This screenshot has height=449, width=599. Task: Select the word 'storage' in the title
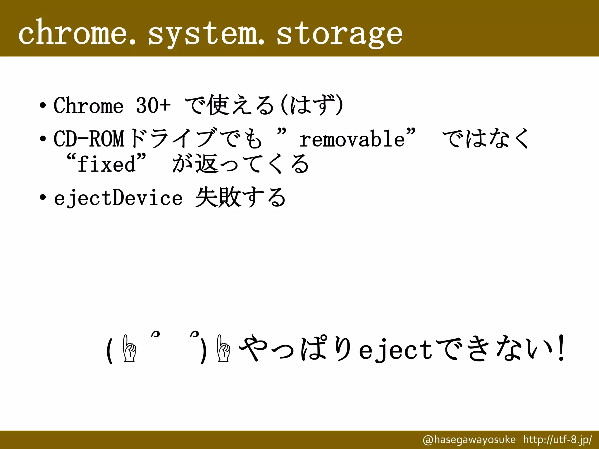coord(339,34)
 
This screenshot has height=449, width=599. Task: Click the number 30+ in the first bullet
coord(153,105)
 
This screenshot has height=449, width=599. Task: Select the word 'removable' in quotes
coord(352,139)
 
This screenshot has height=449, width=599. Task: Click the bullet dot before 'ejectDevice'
coord(43,198)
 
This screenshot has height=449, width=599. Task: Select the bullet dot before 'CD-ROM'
coord(43,138)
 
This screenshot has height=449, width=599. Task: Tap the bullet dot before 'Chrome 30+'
coord(43,105)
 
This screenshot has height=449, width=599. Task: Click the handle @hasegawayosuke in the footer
coord(469,439)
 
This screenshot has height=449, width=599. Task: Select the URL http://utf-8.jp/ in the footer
coord(557,439)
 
